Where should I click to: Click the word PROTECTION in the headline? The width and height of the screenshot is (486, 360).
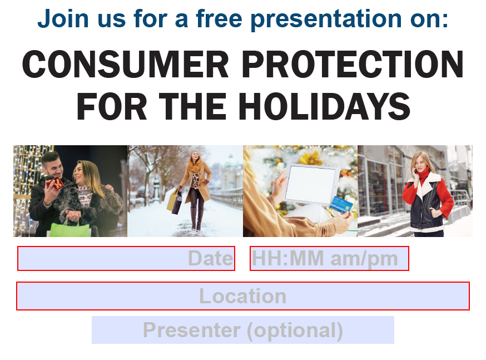pos(353,64)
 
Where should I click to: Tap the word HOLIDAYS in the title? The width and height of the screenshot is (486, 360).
pos(324,106)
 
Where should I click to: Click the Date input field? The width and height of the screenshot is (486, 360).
pos(126,259)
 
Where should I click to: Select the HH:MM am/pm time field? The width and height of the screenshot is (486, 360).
pos(330,259)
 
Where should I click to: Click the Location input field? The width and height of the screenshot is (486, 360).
pos(243,296)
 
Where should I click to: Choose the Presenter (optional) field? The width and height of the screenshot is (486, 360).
pos(243,330)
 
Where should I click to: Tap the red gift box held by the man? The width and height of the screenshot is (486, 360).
pos(55,184)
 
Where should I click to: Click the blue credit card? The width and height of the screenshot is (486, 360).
pos(341,204)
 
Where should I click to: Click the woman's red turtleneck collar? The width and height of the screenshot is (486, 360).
pos(423,174)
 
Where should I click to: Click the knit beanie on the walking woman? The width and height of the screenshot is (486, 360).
pos(194,152)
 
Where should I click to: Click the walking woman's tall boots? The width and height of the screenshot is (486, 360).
pos(197,219)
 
